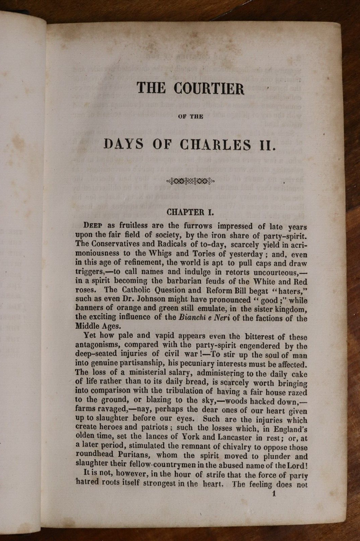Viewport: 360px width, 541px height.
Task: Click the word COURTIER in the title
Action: pyautogui.click(x=208, y=88)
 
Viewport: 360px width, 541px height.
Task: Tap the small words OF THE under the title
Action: pyautogui.click(x=191, y=116)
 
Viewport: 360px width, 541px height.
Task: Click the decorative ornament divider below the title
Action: pyautogui.click(x=191, y=181)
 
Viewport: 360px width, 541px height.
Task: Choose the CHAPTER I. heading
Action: pyautogui.click(x=191, y=212)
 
